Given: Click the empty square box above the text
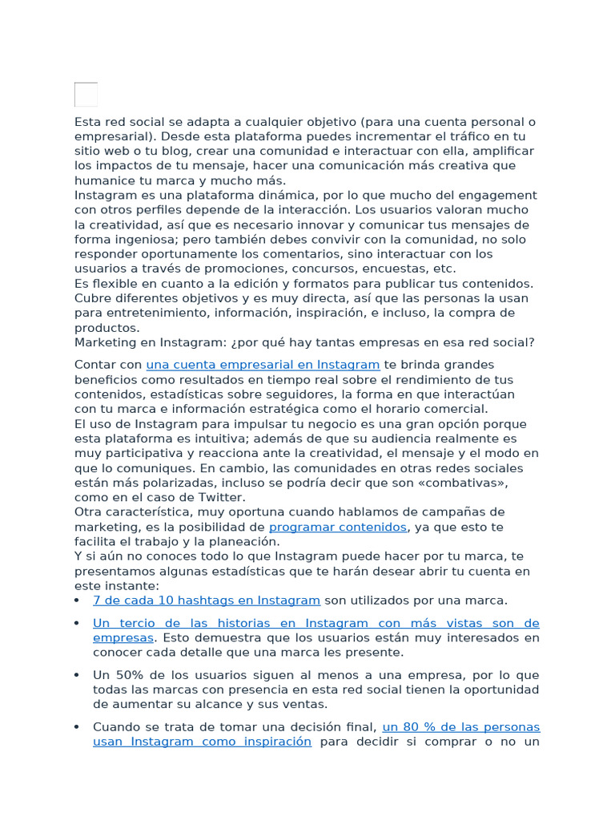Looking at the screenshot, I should [x=86, y=95].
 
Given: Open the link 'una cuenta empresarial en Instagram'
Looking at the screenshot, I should [x=263, y=365].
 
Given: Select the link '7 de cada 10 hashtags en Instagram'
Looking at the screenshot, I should [x=207, y=600].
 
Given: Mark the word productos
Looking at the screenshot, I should [x=107, y=327].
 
